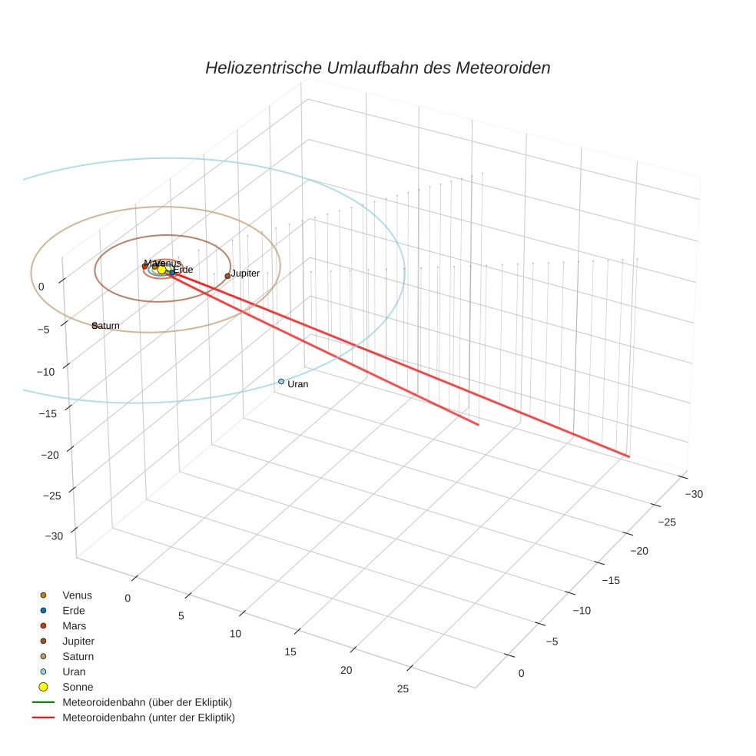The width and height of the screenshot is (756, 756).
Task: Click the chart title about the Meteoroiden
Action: pyautogui.click(x=377, y=68)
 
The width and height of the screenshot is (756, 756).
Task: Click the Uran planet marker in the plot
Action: pyautogui.click(x=281, y=381)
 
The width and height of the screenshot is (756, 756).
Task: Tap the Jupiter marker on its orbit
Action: pyautogui.click(x=227, y=276)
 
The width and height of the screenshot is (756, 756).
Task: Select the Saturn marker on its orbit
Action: pyautogui.click(x=94, y=326)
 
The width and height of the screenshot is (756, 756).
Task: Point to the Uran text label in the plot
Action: pyautogui.click(x=298, y=384)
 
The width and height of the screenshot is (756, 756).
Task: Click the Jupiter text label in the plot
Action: pyautogui.click(x=246, y=274)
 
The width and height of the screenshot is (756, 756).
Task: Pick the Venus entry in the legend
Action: pyautogui.click(x=77, y=595)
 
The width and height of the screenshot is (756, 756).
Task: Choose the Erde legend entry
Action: pyautogui.click(x=74, y=610)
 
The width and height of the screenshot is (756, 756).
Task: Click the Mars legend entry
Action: pyautogui.click(x=74, y=625)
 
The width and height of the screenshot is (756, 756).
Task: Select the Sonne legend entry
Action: pyautogui.click(x=78, y=687)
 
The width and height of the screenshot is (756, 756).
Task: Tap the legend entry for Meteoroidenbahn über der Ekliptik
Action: pyautogui.click(x=147, y=702)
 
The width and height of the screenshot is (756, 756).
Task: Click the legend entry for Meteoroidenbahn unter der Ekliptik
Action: pyautogui.click(x=148, y=718)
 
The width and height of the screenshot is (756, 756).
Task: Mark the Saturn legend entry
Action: pyautogui.click(x=78, y=656)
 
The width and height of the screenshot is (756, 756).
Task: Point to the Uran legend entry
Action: pyautogui.click(x=74, y=671)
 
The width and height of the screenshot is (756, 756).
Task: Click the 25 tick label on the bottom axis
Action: pyautogui.click(x=403, y=688)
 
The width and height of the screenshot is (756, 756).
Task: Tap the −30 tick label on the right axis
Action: pyautogui.click(x=693, y=494)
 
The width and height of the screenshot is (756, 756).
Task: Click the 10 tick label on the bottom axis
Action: pyautogui.click(x=235, y=634)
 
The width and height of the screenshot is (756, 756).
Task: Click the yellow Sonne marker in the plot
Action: pyautogui.click(x=162, y=269)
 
